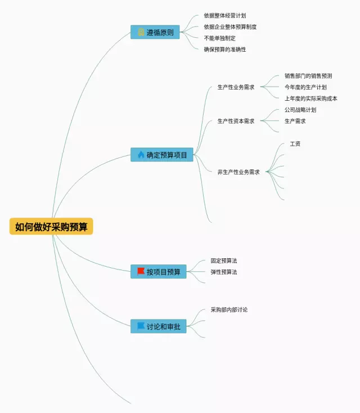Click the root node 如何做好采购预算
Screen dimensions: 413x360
tap(51, 227)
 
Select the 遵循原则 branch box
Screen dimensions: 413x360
tap(155, 32)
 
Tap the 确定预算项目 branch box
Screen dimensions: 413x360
tap(162, 155)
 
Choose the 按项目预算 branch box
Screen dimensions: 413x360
tap(158, 272)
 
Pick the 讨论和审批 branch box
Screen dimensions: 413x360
tap(158, 326)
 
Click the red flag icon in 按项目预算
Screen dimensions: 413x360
tap(141, 271)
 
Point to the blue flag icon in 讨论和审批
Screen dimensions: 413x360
tap(141, 326)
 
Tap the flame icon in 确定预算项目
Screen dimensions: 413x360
tap(141, 154)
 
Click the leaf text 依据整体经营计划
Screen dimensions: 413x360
tap(224, 16)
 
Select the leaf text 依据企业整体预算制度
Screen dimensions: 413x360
tap(230, 27)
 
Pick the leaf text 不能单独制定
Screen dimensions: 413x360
tap(219, 38)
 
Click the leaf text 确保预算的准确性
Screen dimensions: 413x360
tap(224, 50)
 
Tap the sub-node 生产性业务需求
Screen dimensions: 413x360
tap(236, 87)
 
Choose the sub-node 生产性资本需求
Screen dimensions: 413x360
tap(236, 121)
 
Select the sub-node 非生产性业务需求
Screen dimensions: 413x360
tap(238, 172)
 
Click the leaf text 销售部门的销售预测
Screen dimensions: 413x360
tap(308, 76)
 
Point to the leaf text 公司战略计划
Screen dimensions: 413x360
tap(300, 110)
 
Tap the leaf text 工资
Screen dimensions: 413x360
tap(295, 144)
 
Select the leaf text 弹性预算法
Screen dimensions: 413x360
tap(224, 272)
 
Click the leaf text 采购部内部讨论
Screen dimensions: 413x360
tap(229, 310)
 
